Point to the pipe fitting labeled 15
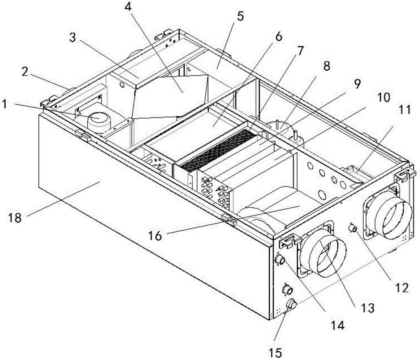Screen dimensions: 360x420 [291, 303]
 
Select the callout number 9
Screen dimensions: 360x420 [357, 84]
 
